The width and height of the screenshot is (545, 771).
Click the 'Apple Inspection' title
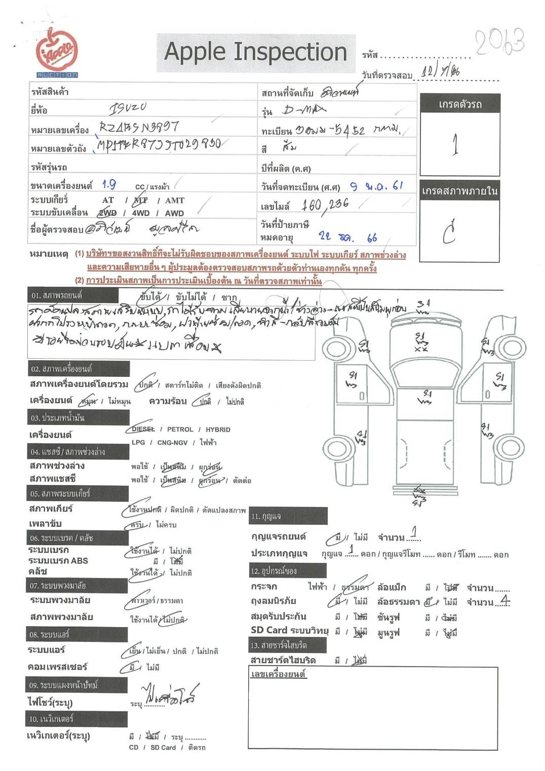coord(256,52)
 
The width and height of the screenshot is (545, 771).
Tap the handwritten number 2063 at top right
coord(499,42)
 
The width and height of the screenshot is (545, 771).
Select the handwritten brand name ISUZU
coord(128,107)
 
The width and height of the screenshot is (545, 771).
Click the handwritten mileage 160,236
coord(325,205)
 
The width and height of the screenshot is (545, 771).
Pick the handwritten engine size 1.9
coord(108,185)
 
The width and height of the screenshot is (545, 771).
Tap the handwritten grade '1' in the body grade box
coord(455,144)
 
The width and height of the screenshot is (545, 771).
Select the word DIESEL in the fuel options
coord(143,429)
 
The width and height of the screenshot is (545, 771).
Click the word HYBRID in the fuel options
coord(218,430)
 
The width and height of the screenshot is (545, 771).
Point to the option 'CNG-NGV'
coord(172,442)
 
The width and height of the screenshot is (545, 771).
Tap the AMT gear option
coord(175,201)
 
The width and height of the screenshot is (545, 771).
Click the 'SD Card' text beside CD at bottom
coord(163,747)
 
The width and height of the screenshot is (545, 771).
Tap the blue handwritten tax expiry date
coord(348,237)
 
